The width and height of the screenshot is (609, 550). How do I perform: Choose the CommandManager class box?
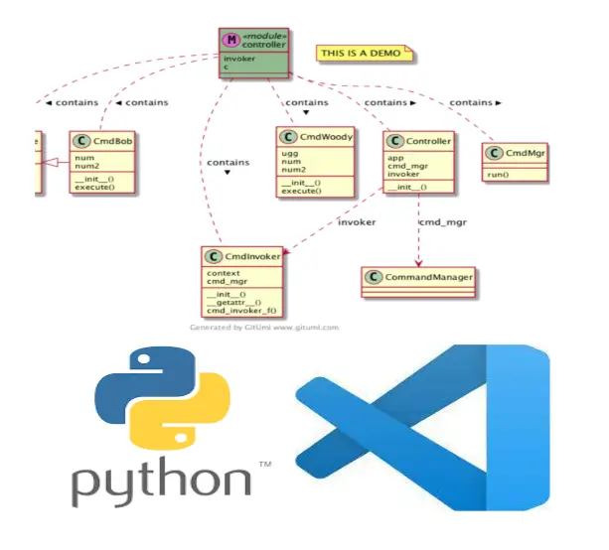(x=416, y=277)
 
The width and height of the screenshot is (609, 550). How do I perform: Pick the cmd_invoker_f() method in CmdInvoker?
(x=241, y=311)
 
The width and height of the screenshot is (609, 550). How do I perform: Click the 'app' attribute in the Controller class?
(x=394, y=157)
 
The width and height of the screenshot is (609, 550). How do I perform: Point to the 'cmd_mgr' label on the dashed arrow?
(x=444, y=222)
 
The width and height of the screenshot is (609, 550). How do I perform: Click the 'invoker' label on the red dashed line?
(x=357, y=222)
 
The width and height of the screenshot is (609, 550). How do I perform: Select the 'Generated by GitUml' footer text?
(x=264, y=326)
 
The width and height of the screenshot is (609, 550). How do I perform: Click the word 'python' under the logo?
(x=159, y=481)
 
